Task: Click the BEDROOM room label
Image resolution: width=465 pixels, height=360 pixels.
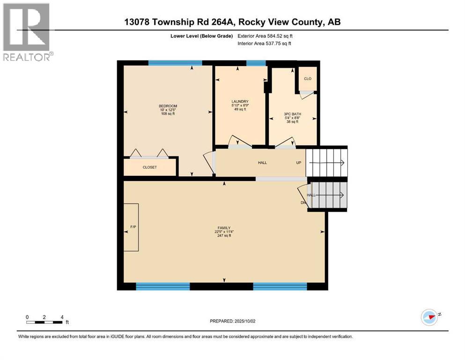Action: (168, 106)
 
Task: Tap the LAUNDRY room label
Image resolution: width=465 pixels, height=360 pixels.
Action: (240, 102)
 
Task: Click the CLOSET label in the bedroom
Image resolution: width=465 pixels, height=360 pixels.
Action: (150, 167)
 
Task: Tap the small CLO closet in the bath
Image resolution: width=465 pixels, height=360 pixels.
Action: (308, 79)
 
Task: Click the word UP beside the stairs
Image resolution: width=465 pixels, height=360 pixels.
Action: (298, 163)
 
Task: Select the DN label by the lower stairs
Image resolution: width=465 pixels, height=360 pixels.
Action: (303, 202)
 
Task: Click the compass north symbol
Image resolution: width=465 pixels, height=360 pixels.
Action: (428, 317)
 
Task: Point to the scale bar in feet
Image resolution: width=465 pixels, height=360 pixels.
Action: (44, 322)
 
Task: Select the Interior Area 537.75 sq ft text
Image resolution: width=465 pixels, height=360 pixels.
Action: (265, 44)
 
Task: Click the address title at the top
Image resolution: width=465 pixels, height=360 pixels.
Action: (232, 22)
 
